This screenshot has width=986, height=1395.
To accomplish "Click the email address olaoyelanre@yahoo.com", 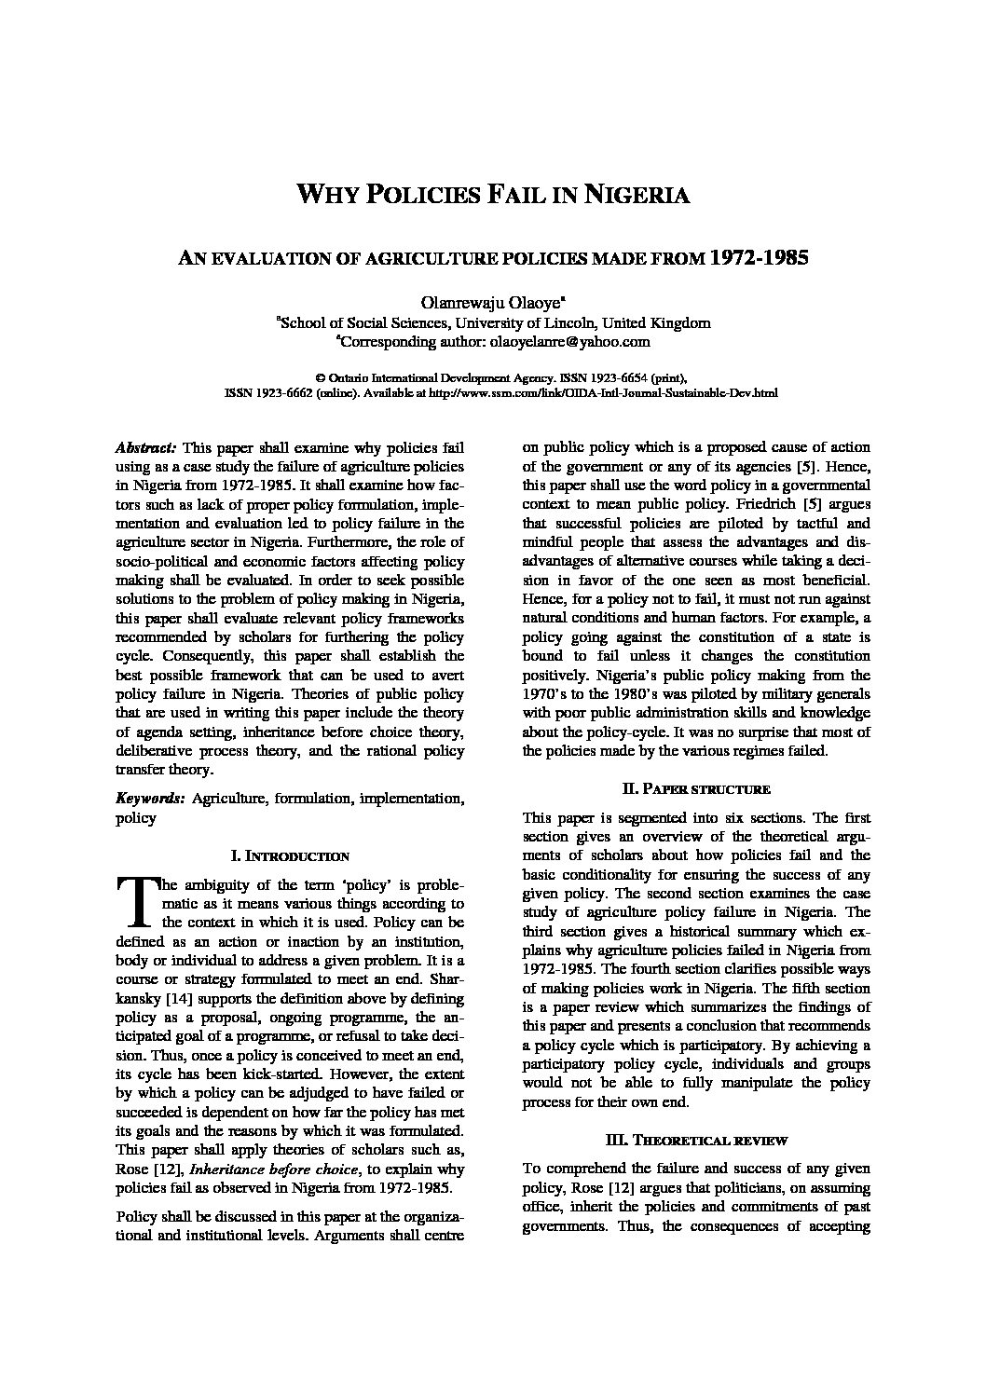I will pos(569,342).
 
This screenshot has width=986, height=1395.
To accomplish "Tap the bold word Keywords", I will pos(149,799).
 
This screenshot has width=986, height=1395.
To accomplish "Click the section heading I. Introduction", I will pos(290,855).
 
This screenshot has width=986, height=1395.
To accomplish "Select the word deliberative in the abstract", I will pos(154,750).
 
